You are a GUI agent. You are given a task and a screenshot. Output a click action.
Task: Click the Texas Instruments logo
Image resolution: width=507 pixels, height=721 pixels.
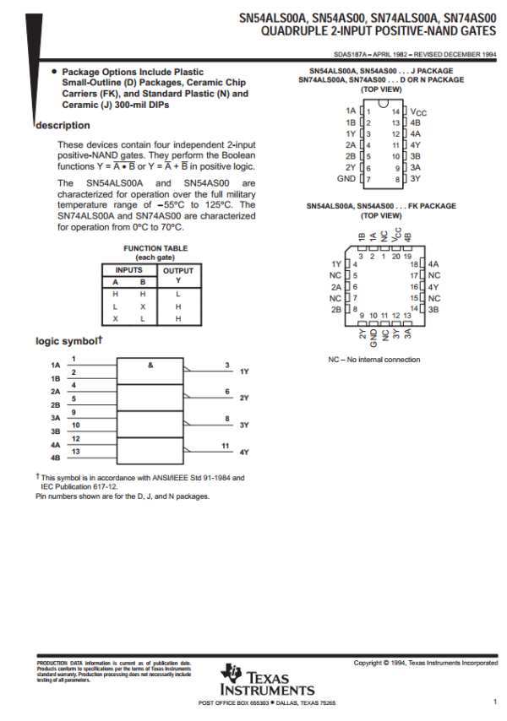click(266, 680)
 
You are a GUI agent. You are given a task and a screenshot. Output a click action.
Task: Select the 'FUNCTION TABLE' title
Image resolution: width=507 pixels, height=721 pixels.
click(155, 248)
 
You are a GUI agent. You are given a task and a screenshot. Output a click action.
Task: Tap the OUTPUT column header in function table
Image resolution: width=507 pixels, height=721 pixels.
click(178, 271)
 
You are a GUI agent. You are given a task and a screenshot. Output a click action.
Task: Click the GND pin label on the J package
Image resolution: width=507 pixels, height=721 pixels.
click(346, 178)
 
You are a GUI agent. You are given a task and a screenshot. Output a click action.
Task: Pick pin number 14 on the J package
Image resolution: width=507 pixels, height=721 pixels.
click(395, 111)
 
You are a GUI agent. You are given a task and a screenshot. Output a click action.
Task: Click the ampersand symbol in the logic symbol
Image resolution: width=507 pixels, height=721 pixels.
click(150, 365)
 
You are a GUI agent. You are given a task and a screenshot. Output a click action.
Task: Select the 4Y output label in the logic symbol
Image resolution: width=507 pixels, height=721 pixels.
click(243, 453)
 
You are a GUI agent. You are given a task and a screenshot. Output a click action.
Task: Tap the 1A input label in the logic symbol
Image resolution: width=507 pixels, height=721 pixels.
click(55, 366)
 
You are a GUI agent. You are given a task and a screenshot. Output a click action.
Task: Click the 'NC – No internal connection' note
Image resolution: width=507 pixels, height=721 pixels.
click(373, 360)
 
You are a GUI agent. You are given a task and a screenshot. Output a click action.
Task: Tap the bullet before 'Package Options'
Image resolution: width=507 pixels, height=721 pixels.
click(54, 72)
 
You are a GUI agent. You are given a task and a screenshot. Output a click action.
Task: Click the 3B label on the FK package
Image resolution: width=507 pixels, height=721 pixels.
click(433, 309)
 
